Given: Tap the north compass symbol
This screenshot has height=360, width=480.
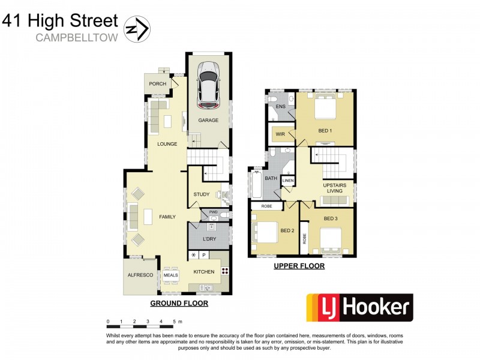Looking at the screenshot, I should [x=137, y=28].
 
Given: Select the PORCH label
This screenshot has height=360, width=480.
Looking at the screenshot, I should [x=158, y=84].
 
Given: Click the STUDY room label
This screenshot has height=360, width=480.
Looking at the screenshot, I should [x=201, y=194].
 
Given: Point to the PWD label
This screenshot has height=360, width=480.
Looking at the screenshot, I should [x=213, y=212].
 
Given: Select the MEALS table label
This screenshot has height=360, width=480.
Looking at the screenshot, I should [x=170, y=275].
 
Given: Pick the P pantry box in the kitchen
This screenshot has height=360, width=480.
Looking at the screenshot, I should [x=204, y=255].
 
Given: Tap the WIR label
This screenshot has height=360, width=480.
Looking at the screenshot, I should [x=280, y=134].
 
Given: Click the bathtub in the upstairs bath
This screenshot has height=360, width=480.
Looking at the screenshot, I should [x=254, y=185].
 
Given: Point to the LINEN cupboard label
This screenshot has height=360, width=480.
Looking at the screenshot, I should [x=289, y=180].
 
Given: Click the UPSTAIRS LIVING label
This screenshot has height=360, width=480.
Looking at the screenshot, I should [x=334, y=188].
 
